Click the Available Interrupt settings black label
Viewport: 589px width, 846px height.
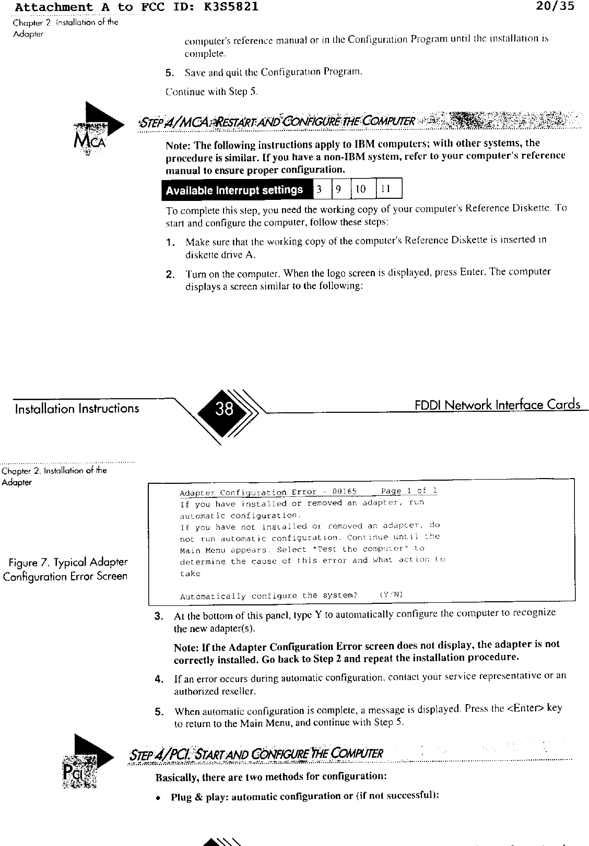point(235,190)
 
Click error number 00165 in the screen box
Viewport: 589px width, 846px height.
point(344,492)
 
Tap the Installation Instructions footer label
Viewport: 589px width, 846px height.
point(77,408)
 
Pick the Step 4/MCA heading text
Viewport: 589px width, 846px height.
point(277,121)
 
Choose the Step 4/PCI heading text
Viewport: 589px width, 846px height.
point(257,754)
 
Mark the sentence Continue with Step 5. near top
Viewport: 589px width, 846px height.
point(211,92)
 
